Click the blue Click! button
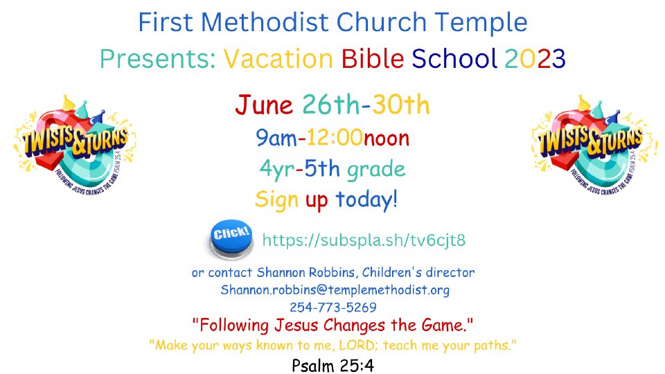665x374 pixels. (x=231, y=239)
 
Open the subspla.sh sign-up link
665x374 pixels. (x=364, y=240)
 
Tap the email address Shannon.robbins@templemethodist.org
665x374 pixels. (x=335, y=290)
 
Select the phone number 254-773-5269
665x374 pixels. (x=333, y=307)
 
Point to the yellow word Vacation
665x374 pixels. (x=278, y=58)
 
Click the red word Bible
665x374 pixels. (x=373, y=58)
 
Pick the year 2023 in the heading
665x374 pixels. (x=535, y=58)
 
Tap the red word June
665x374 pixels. (x=264, y=105)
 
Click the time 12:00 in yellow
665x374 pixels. (x=335, y=138)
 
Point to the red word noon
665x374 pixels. (x=387, y=139)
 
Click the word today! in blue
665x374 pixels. (x=366, y=199)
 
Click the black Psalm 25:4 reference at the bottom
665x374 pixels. (x=333, y=365)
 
